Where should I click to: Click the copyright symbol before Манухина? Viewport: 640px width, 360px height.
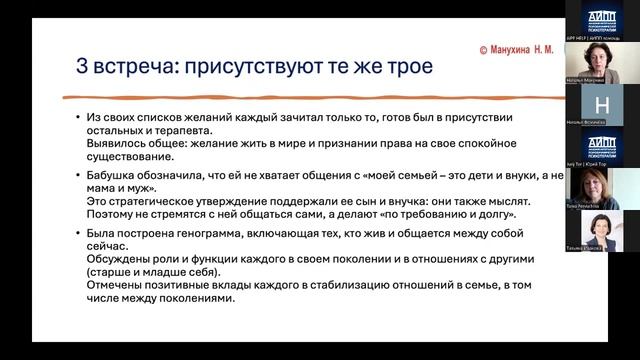pos(483,49)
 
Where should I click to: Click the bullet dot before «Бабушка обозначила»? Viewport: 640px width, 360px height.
pos(78,177)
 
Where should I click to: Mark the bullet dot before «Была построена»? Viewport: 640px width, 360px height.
pos(78,234)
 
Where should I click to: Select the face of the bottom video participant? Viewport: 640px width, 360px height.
pos(599,227)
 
